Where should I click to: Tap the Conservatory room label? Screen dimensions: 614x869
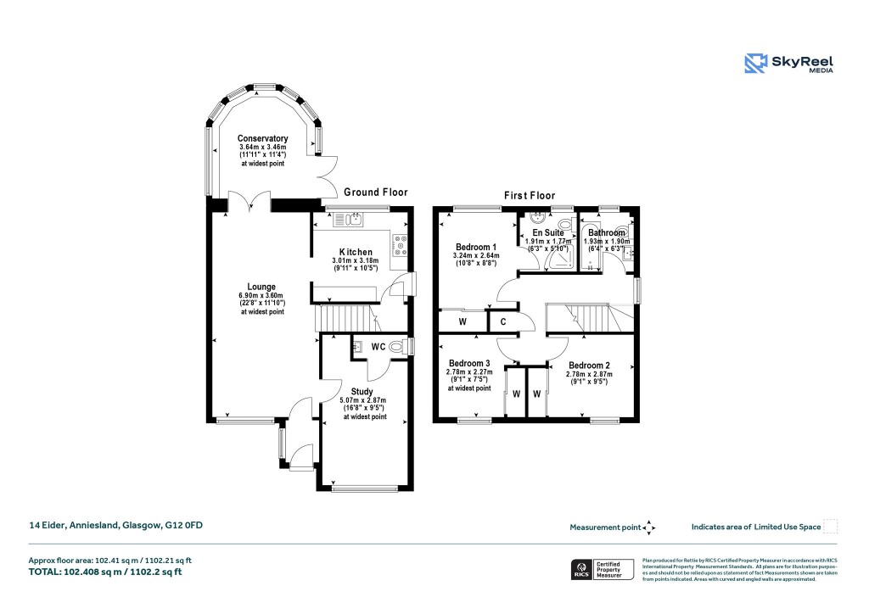pyautogui.click(x=262, y=138)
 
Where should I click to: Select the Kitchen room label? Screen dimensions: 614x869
pyautogui.click(x=356, y=253)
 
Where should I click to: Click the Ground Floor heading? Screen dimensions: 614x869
pyautogui.click(x=376, y=193)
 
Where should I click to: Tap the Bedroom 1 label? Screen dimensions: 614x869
pyautogui.click(x=475, y=246)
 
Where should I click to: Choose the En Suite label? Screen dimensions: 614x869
pyautogui.click(x=547, y=232)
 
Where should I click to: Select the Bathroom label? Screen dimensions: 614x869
pyautogui.click(x=607, y=232)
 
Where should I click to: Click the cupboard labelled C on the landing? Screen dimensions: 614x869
pyautogui.click(x=502, y=321)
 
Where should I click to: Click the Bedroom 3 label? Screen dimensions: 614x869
pyautogui.click(x=469, y=363)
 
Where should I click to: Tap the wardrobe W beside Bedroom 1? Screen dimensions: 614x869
pyautogui.click(x=463, y=321)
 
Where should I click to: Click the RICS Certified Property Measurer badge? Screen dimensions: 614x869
pyautogui.click(x=601, y=569)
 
